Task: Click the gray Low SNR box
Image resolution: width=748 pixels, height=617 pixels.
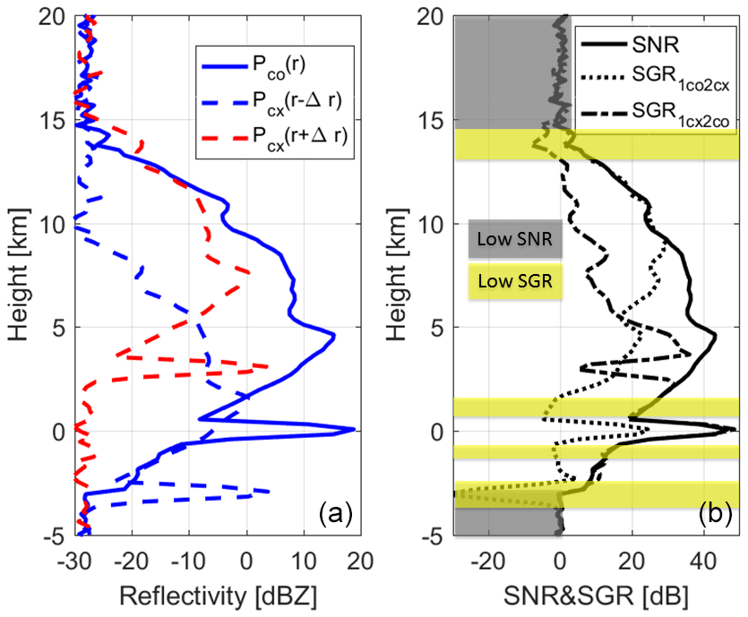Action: click(x=515, y=239)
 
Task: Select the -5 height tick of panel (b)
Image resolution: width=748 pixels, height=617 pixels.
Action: click(x=441, y=536)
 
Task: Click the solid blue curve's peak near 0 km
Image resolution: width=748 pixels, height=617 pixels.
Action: click(x=355, y=430)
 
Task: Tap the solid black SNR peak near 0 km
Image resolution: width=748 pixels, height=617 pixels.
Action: click(x=734, y=430)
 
